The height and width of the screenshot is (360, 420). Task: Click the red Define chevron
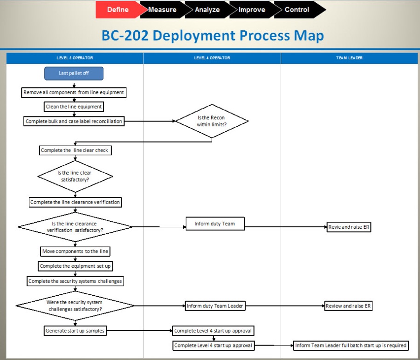[x=118, y=10]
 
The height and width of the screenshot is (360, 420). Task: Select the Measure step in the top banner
[x=162, y=10]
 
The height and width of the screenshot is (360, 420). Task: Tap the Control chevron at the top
[x=297, y=10]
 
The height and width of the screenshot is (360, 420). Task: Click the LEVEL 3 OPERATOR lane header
[x=75, y=58]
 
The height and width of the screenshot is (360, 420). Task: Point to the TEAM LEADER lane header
[x=349, y=58]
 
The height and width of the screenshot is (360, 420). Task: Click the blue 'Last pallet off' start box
[x=74, y=73]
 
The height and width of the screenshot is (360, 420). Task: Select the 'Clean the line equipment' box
[x=74, y=107]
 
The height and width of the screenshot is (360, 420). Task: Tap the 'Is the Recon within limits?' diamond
[x=212, y=121]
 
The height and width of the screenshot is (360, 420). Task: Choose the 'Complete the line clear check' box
[x=75, y=150]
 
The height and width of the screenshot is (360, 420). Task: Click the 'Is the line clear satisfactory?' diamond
[x=75, y=176]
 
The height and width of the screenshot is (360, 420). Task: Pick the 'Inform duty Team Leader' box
[x=215, y=306]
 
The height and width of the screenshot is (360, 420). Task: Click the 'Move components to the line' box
[x=75, y=251]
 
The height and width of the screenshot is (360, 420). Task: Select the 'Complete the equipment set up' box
[x=76, y=266]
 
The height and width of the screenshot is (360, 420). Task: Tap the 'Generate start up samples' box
[x=75, y=331]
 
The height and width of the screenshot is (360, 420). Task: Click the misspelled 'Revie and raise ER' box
[x=349, y=227]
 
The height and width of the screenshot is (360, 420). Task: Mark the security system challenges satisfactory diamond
[x=75, y=306]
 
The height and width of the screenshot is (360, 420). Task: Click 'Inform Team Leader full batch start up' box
[x=351, y=346]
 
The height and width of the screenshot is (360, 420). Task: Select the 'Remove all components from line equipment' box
[x=74, y=93]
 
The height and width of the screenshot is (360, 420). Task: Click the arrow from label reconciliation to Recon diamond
[x=149, y=121]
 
